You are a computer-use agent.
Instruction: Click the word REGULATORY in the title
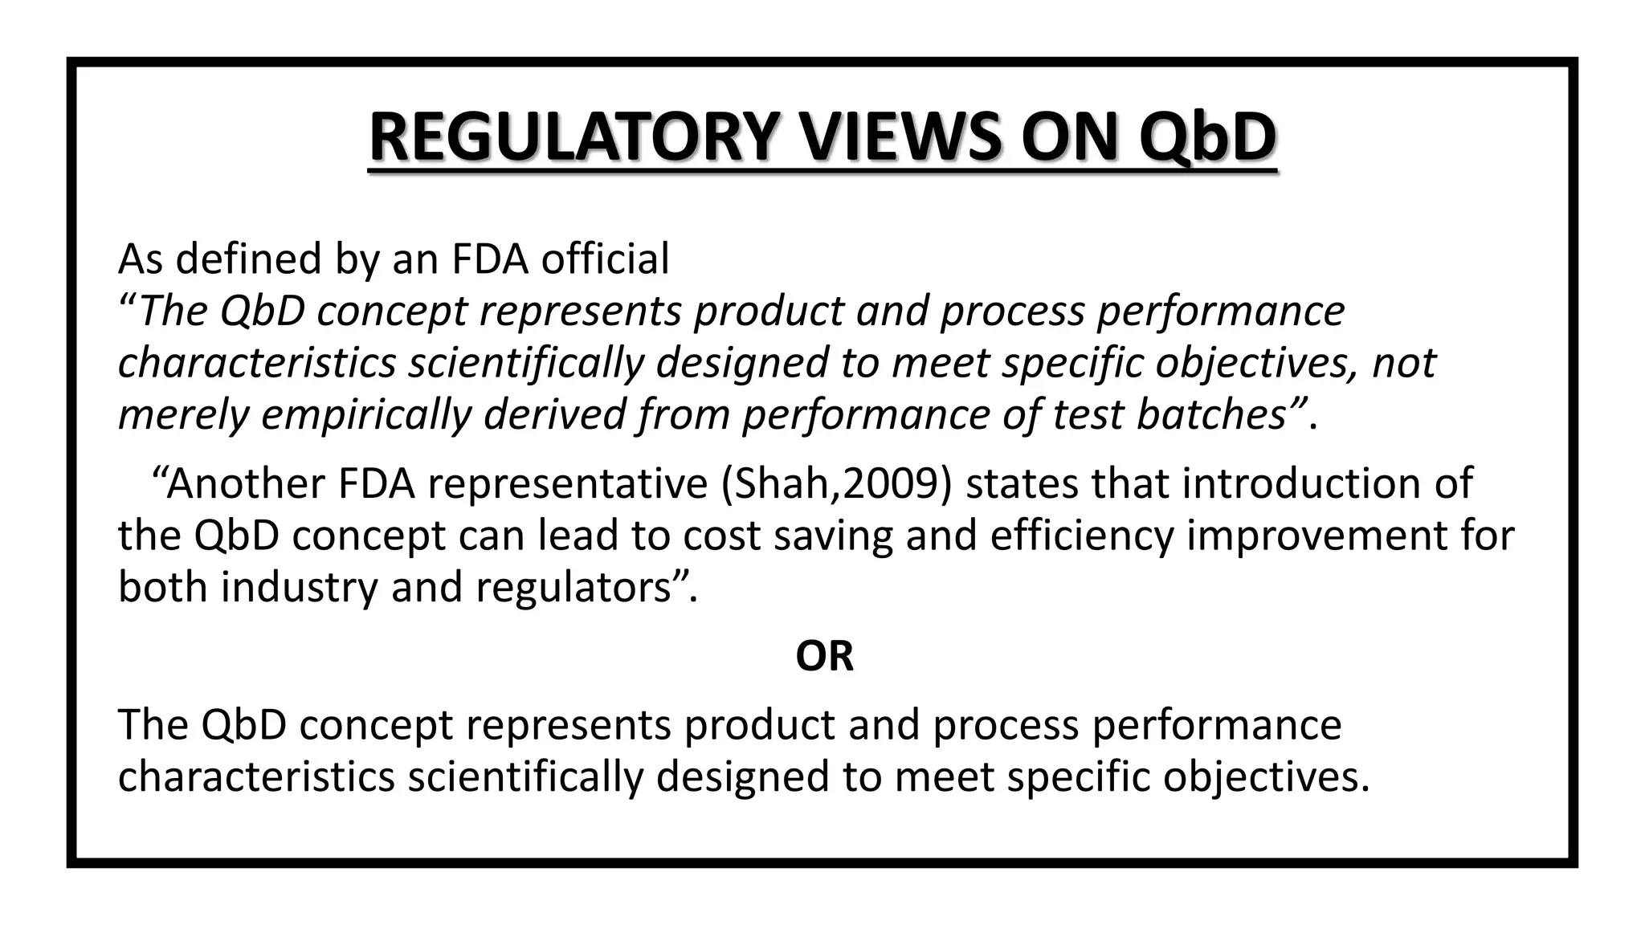point(574,138)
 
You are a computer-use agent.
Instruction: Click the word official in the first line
point(605,259)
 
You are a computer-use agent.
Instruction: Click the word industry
point(299,587)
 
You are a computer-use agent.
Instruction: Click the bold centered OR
point(824,656)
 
